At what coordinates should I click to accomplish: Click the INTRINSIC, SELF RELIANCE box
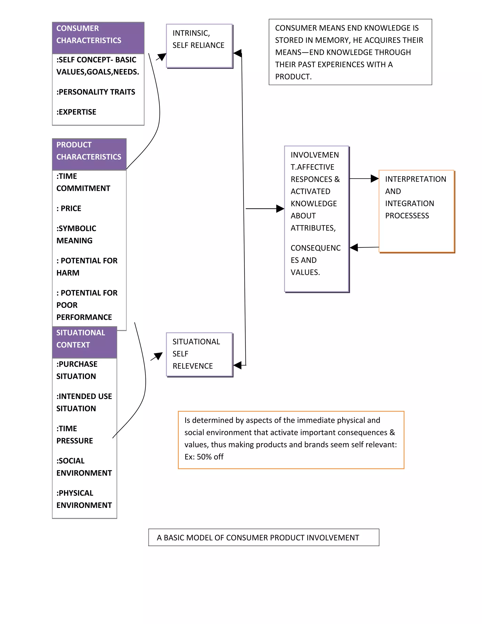pos(199,46)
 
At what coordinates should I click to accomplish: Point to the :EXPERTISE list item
pos(76,112)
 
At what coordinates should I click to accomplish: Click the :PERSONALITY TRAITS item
pos(96,92)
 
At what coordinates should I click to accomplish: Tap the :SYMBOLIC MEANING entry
pos(76,234)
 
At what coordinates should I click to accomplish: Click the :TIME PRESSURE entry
pos(75,435)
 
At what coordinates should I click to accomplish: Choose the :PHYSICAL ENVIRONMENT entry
pos(84,499)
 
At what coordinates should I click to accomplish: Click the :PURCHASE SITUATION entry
pos(77,370)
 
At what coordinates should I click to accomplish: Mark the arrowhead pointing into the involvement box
pos(280,209)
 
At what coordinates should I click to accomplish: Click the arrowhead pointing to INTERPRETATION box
pos(374,178)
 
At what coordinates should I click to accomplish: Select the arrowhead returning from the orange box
pos(354,247)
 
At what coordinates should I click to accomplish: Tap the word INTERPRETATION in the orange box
pos(415,179)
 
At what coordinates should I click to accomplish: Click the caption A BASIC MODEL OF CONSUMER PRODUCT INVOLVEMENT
pos(258,538)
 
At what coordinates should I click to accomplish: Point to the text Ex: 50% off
pos(204,457)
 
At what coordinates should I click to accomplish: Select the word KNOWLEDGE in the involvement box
pos(313,203)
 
